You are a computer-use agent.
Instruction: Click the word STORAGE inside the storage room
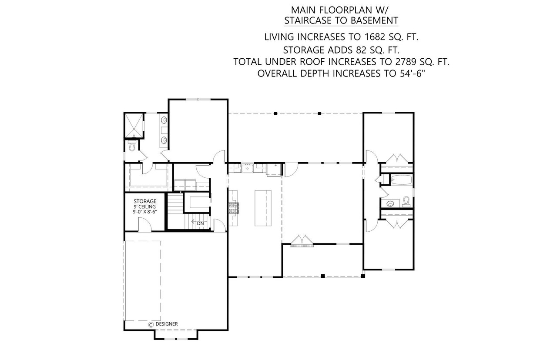point(145,201)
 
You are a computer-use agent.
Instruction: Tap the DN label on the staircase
point(200,223)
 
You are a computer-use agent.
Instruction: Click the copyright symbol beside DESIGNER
point(151,324)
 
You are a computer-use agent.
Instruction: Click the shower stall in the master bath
point(134,124)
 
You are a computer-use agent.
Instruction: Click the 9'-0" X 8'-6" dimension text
point(145,212)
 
